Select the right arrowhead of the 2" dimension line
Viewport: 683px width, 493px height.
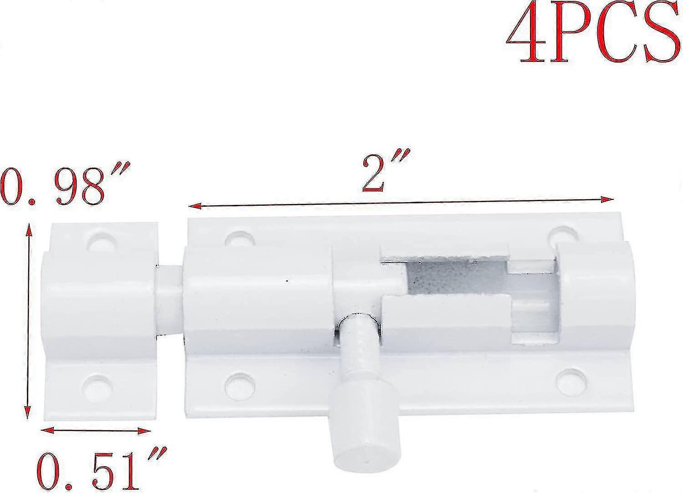(607, 199)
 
